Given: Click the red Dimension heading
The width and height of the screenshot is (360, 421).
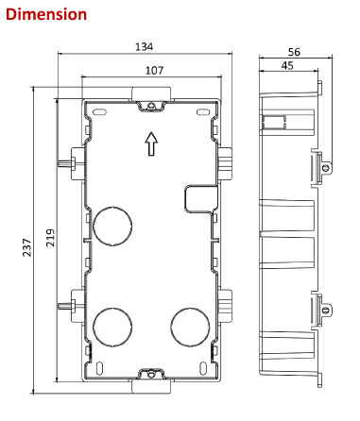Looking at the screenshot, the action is (46, 14).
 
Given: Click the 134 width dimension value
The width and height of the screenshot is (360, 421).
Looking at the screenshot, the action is (144, 47).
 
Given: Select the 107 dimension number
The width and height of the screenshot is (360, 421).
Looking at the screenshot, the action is (154, 71).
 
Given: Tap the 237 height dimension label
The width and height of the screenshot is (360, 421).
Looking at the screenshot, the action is (27, 247).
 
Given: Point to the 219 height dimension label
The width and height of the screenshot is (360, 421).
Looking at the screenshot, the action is (51, 238).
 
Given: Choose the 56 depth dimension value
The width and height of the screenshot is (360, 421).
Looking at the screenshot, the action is (294, 52).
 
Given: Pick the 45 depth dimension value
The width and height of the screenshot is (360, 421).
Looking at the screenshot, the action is (287, 66).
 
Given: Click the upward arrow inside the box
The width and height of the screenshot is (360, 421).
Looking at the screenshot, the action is (151, 143).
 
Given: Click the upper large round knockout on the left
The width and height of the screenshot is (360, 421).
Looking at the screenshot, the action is (112, 227).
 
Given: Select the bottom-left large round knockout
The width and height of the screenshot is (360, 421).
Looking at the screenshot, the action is (112, 327).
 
